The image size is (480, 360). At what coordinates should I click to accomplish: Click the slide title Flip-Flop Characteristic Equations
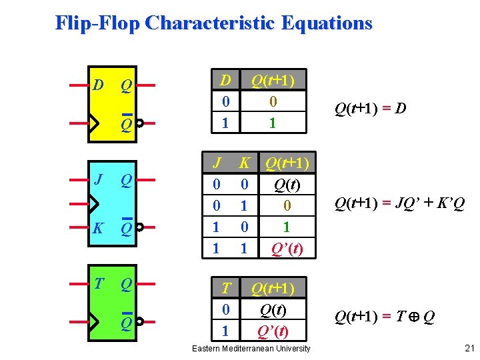213,23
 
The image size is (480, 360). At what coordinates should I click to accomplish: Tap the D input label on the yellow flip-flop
98,85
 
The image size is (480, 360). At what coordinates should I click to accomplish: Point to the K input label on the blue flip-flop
98,228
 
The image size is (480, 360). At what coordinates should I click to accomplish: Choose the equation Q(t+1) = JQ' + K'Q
399,202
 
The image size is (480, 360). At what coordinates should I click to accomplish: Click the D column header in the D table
226,81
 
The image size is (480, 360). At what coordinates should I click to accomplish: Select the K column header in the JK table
245,163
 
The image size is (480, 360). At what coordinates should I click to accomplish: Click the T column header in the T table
226,288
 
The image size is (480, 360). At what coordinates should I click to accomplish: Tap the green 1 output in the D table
272,123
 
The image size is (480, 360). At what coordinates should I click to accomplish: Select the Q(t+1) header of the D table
272,81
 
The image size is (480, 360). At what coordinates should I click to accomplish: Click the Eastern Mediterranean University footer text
251,349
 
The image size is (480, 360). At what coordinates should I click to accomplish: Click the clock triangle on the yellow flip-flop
94,123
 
